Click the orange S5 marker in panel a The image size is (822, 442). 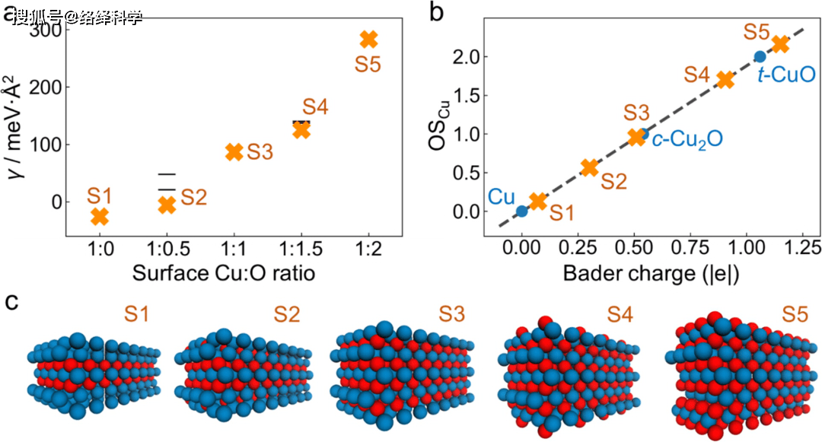pos(368,40)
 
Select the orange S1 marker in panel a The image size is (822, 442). pos(100,217)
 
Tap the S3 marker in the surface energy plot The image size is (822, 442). pos(234,151)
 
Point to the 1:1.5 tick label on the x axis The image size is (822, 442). pos(301,250)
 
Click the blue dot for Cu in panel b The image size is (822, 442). pos(521,211)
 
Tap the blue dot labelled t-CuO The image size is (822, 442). pos(760,56)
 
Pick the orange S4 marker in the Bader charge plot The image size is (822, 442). pos(725,79)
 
